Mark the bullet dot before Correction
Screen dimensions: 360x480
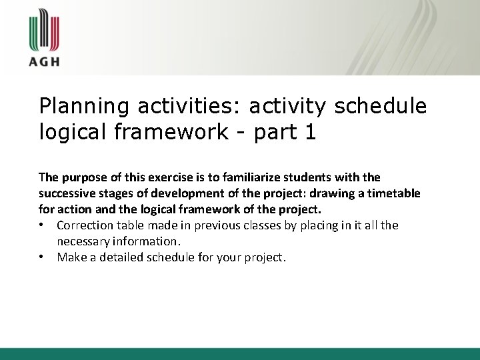[43, 226]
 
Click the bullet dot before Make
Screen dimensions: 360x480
[43, 258]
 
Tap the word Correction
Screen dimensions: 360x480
[84, 226]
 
